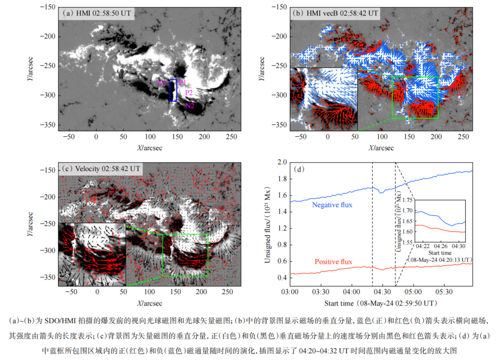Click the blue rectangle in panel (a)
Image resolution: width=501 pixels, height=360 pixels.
point(173,90)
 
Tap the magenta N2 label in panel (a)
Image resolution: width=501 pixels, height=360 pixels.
point(190,106)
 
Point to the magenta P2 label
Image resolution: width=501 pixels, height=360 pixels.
point(189,93)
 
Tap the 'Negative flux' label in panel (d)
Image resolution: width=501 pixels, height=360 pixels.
point(332,205)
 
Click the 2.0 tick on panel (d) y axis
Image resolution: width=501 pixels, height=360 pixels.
point(282,162)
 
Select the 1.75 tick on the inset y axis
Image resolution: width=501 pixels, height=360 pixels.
point(407,200)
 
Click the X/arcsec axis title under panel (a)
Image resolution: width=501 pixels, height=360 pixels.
point(150,148)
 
